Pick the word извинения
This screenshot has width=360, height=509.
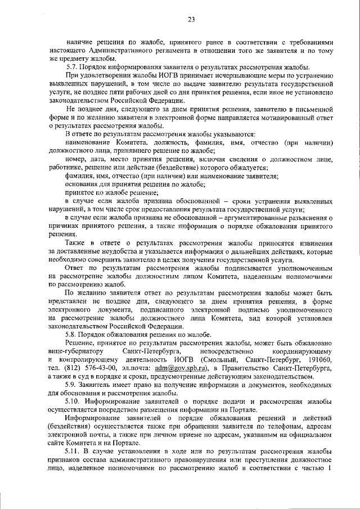[x=315, y=242]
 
